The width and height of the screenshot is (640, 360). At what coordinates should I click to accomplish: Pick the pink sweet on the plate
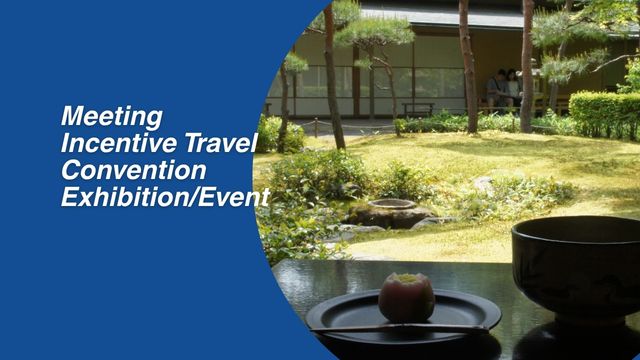(x=406, y=297)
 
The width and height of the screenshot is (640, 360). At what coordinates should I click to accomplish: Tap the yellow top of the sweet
(x=406, y=279)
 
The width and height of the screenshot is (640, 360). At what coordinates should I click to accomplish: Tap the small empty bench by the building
(x=418, y=107)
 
